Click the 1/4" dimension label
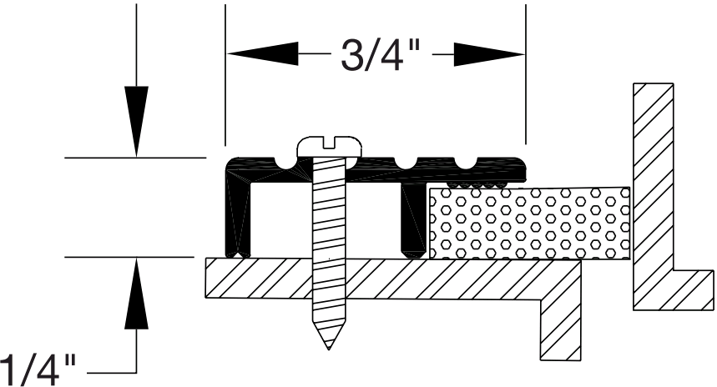pos(37,370)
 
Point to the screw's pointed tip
pos(329,349)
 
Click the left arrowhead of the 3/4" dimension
pos(262,54)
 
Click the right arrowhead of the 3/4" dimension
pos(489,54)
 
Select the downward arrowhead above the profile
pos(136,121)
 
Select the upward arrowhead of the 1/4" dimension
pos(136,294)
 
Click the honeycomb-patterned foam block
pos(529,224)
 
